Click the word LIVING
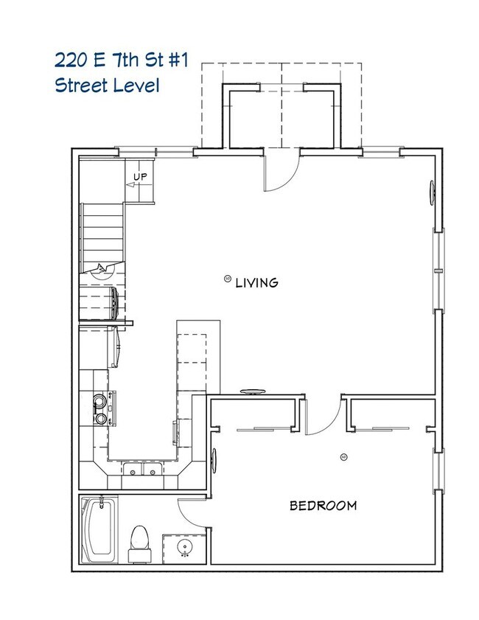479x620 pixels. point(256,282)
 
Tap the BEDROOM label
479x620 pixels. point(323,506)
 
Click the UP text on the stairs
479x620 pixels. point(140,177)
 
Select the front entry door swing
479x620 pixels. point(282,172)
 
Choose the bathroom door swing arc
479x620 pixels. point(193,511)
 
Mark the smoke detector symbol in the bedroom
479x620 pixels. point(343,458)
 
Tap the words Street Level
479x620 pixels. point(107,84)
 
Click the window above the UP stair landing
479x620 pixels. point(136,153)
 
